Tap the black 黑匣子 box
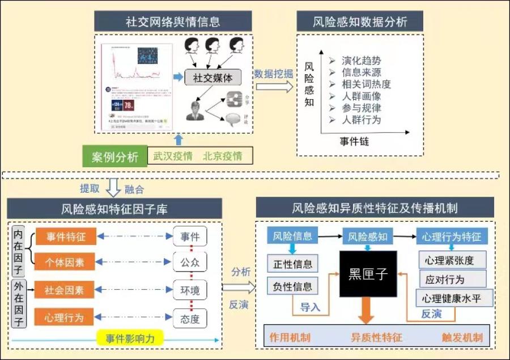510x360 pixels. [x=368, y=274]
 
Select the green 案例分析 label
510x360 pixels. [x=114, y=157]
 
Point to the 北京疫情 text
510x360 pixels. [x=222, y=156]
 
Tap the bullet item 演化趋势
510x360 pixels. [x=362, y=61]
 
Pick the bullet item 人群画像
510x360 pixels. [x=362, y=96]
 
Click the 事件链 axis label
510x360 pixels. [x=354, y=141]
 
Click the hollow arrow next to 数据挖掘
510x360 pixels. [x=274, y=87]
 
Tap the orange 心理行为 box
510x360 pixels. [x=64, y=317]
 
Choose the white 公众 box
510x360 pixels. [x=190, y=263]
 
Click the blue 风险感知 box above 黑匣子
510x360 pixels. [x=367, y=236]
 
